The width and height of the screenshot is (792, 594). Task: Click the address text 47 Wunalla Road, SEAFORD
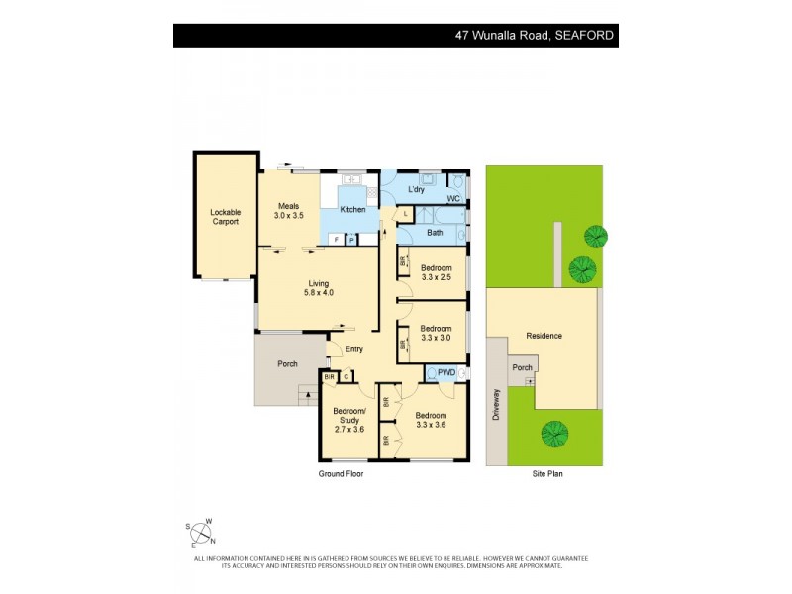tap(534, 35)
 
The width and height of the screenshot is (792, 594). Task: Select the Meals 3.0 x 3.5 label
tap(288, 210)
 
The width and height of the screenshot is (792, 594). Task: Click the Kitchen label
tap(352, 210)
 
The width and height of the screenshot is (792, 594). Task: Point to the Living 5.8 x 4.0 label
tap(319, 288)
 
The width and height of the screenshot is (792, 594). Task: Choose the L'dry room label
tap(418, 189)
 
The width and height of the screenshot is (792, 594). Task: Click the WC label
tap(453, 199)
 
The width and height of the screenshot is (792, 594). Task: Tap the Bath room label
tap(435, 233)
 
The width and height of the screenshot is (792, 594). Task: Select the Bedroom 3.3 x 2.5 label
tap(437, 273)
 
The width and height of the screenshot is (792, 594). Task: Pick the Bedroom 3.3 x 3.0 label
tap(437, 334)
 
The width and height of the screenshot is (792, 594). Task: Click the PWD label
tap(446, 372)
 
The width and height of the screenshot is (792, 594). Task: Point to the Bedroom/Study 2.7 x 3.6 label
tap(348, 420)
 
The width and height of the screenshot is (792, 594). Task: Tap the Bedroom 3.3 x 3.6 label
tap(431, 421)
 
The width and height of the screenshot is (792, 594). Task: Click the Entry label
tap(353, 348)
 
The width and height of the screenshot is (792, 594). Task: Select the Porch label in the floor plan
tap(287, 364)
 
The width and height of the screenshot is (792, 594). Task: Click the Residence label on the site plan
tap(544, 336)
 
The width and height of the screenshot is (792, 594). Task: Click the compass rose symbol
tap(202, 534)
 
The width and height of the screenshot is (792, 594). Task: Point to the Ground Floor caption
tap(341, 474)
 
